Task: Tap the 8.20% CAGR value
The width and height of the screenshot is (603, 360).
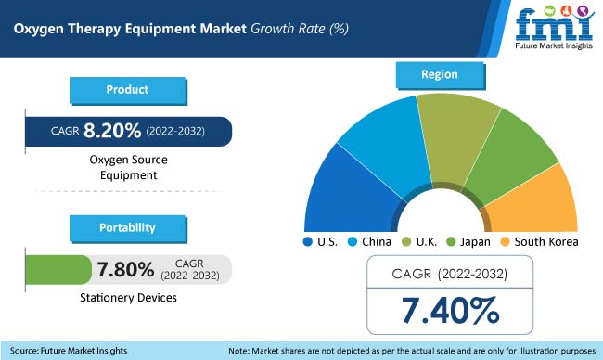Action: (110, 131)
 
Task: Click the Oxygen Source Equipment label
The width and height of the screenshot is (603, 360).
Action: (128, 167)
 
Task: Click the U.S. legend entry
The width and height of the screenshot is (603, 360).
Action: (322, 241)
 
